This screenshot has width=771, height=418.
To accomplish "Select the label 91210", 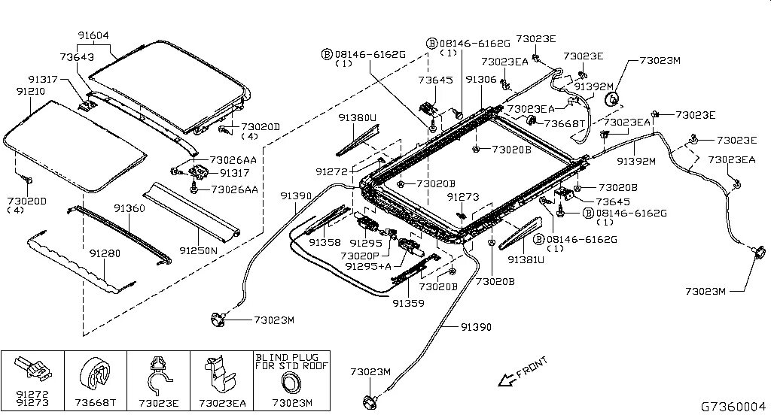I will (31, 91).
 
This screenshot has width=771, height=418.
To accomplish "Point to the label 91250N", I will (199, 249).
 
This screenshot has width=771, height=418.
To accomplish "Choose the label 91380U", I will (357, 118).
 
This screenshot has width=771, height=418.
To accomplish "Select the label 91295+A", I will (368, 266).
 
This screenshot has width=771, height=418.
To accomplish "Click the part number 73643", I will (77, 56).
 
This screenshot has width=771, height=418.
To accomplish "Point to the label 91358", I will (324, 244).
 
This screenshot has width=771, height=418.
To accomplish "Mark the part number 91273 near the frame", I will (462, 197).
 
